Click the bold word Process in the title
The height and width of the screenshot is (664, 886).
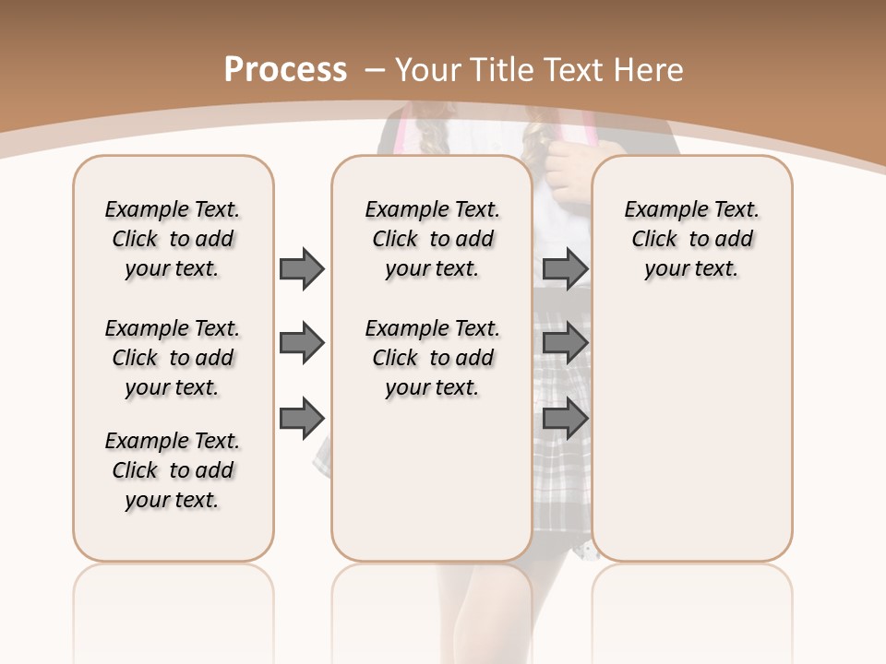coord(285,70)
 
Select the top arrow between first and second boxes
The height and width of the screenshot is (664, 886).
coord(302,268)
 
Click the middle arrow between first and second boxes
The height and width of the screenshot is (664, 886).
coord(302,344)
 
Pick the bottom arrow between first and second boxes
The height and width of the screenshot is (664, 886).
coord(302,419)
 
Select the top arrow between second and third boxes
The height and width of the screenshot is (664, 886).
coord(565,268)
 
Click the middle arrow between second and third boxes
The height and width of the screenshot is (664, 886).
coord(565,344)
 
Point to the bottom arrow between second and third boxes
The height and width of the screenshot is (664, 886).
coord(565,419)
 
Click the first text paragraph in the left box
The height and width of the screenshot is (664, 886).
coord(173,239)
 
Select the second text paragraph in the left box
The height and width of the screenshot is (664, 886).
coord(173,358)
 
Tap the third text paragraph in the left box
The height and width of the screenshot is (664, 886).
coord(173,470)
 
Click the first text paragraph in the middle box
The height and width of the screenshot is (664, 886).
coord(432,239)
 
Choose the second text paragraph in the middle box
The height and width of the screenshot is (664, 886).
coord(432,358)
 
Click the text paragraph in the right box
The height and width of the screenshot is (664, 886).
coord(691,239)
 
